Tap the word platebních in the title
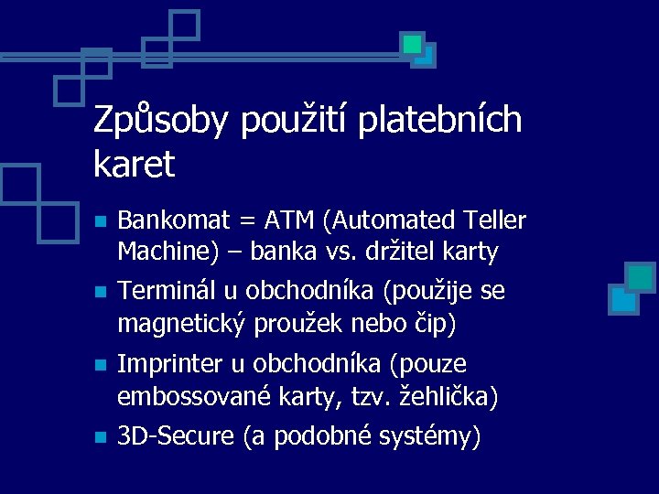point(439,121)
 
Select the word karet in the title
point(134,166)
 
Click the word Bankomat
point(172,220)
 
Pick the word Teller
point(495,220)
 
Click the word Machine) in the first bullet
point(164,252)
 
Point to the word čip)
point(436,324)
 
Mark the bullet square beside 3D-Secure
point(102,438)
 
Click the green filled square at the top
point(413,43)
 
